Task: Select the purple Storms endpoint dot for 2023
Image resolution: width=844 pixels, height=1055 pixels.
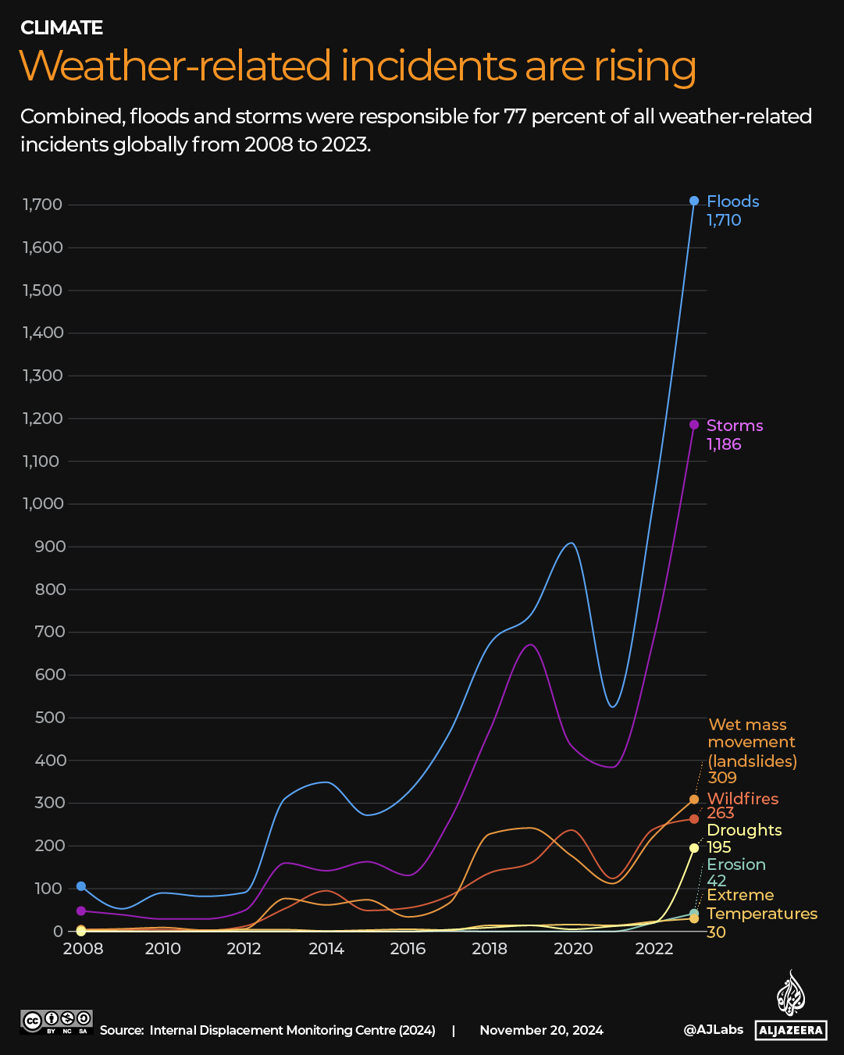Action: [x=694, y=425]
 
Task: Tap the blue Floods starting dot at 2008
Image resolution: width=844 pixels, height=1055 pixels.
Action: [x=81, y=886]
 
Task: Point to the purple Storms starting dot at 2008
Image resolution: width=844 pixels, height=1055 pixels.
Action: [x=81, y=911]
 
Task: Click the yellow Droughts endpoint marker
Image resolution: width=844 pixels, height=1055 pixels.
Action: [x=694, y=848]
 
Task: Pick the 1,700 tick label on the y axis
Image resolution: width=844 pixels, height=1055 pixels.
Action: [x=42, y=205]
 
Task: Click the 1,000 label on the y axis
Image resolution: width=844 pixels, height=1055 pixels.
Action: [x=42, y=504]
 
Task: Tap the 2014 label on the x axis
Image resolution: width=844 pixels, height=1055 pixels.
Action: [x=326, y=949]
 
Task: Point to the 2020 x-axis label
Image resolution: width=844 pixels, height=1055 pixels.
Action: [x=573, y=949]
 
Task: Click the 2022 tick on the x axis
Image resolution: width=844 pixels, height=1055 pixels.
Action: [x=654, y=949]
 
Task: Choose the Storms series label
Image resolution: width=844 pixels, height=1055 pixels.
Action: [x=735, y=426]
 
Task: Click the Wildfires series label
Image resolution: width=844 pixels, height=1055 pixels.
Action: [x=743, y=799]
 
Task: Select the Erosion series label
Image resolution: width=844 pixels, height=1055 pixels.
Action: [x=736, y=864]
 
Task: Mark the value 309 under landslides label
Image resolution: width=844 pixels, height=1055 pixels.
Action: [x=722, y=778]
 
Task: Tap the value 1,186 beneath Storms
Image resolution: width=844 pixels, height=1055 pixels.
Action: [x=724, y=444]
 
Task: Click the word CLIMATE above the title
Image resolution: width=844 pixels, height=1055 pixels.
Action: [x=62, y=28]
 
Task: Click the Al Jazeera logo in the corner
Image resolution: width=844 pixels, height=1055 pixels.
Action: [x=791, y=1007]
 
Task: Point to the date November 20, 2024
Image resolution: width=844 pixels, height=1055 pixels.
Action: [x=541, y=1030]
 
